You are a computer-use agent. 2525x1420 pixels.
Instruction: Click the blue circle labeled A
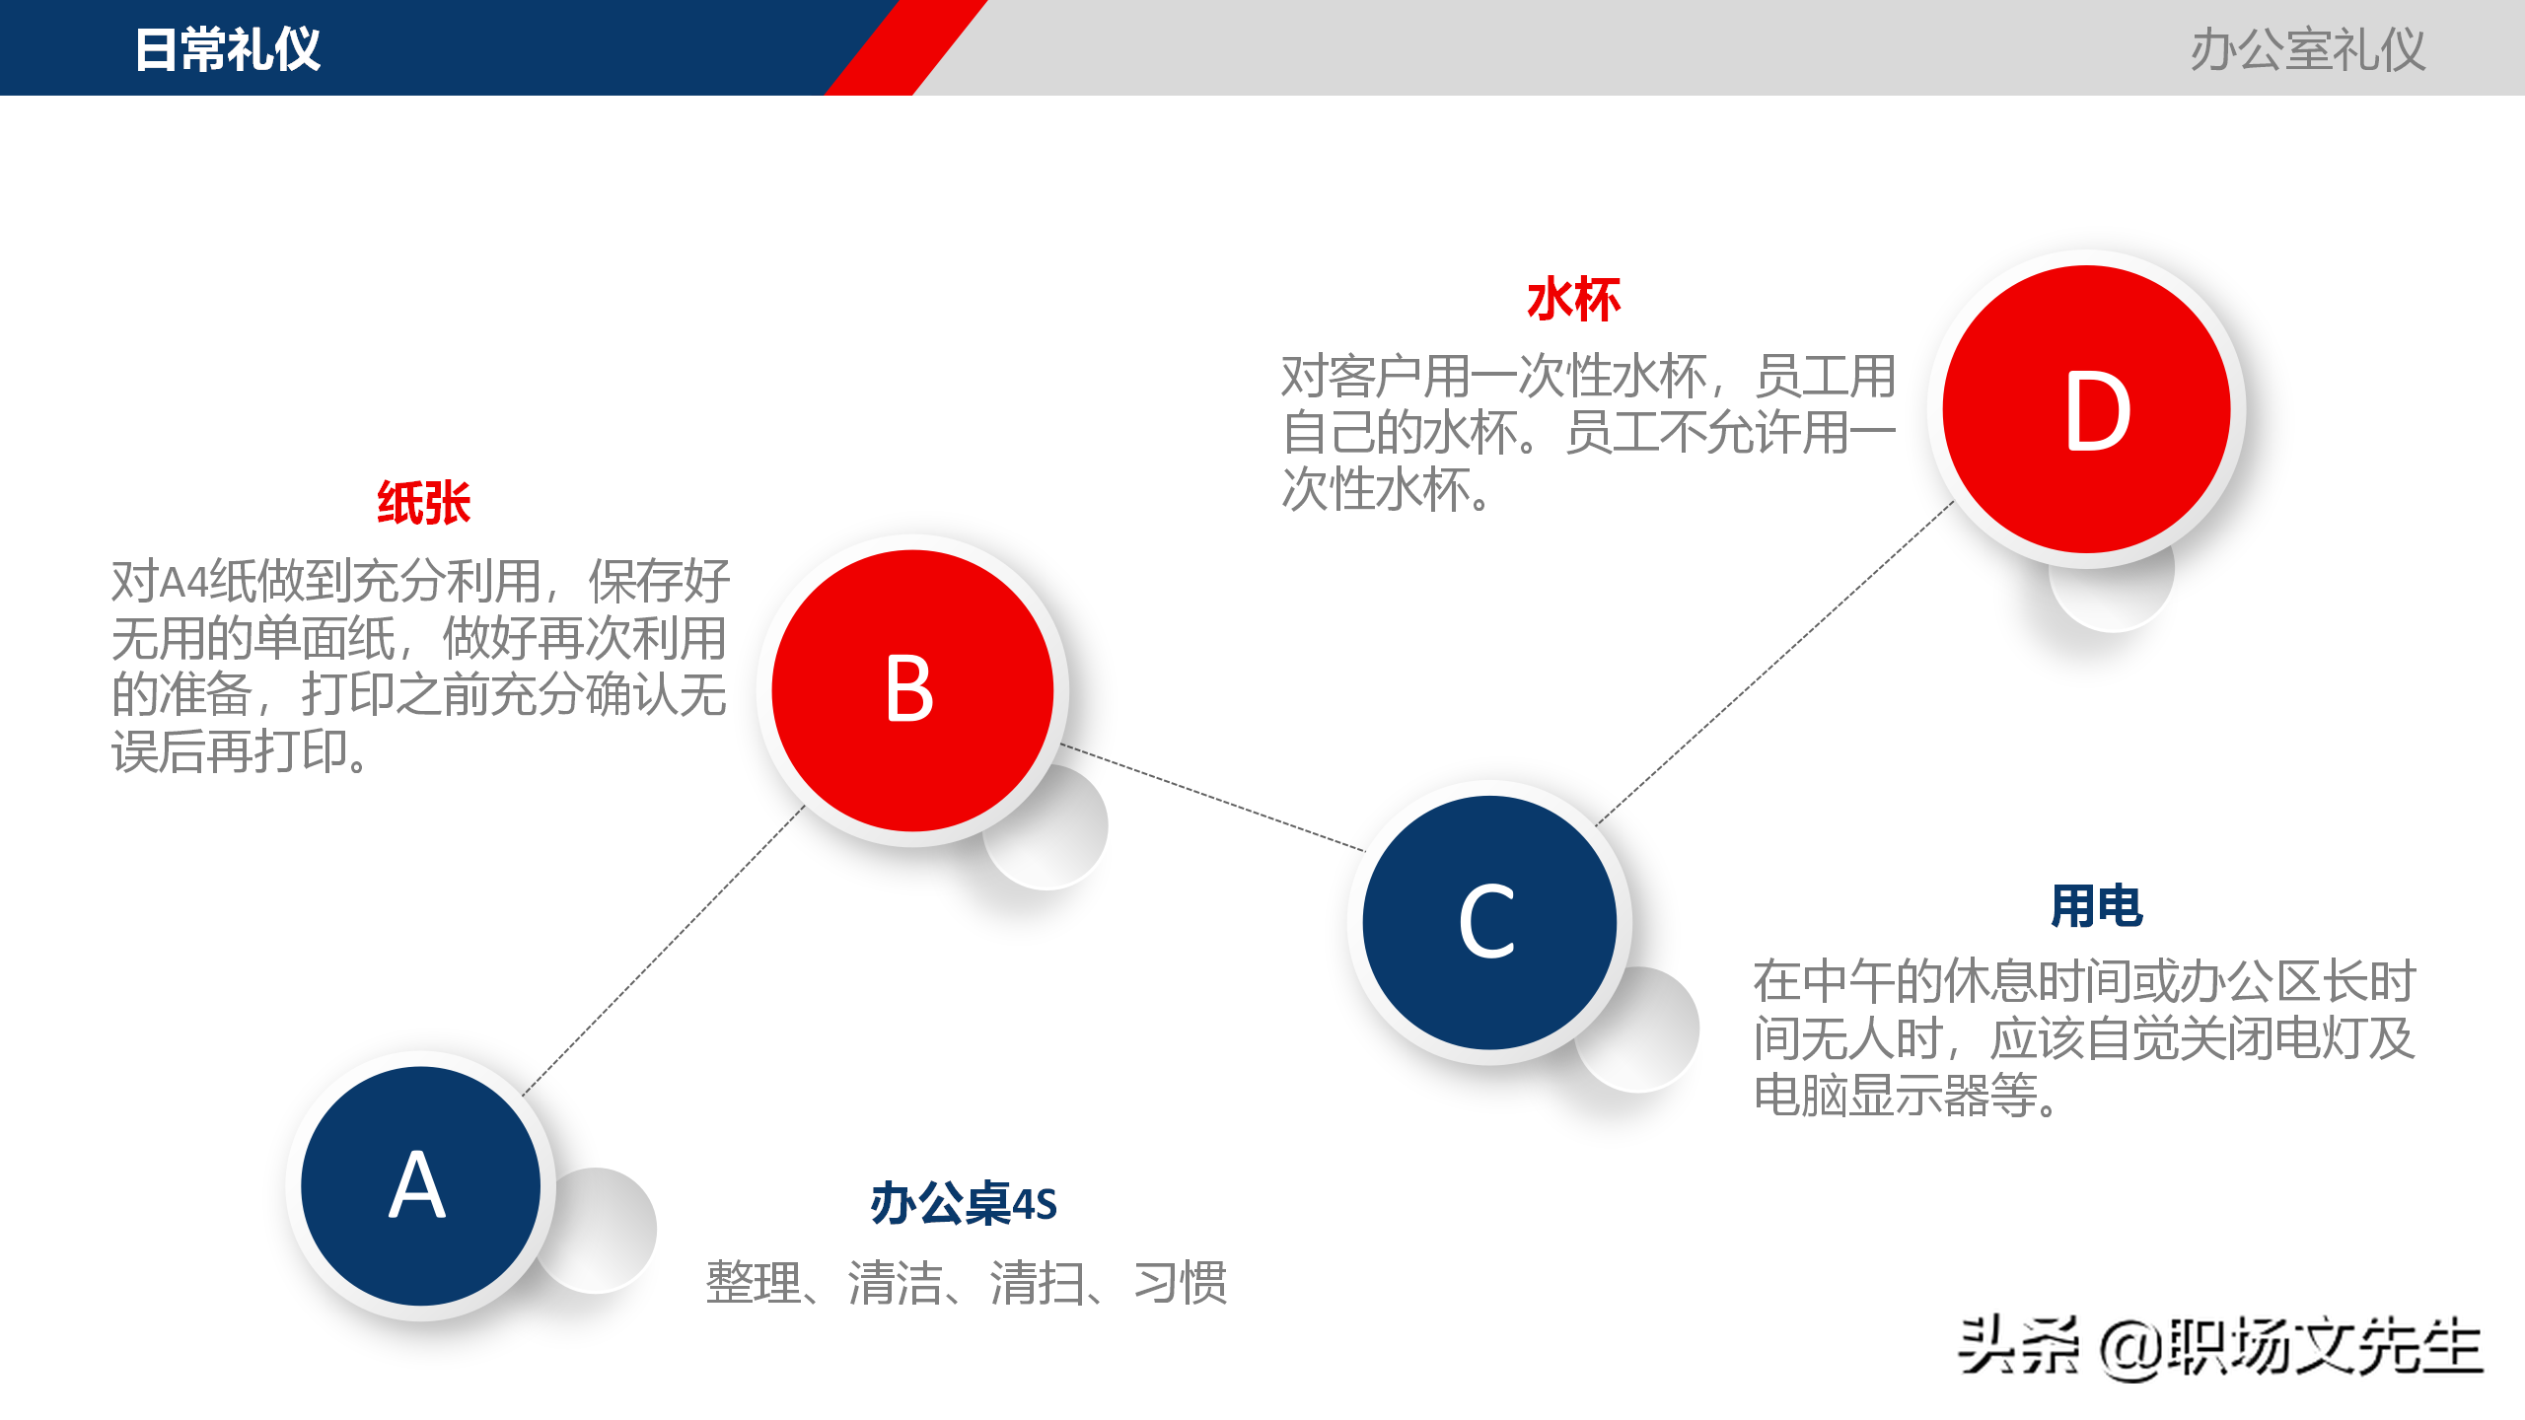tap(420, 1185)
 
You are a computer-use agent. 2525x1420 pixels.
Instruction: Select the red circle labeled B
tap(912, 690)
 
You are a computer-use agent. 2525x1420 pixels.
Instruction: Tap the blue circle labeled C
tap(1489, 922)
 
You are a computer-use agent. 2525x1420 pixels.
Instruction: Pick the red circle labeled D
tap(2086, 409)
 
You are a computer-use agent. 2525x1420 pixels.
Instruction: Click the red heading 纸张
tap(424, 503)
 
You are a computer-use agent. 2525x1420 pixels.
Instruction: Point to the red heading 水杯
tap(1573, 300)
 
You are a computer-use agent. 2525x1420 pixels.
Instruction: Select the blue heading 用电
tap(2096, 906)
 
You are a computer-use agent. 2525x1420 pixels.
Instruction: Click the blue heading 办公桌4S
tap(964, 1204)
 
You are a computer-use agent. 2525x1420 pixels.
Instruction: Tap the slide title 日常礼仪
tap(228, 49)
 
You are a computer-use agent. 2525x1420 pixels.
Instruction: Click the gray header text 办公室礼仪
tap(2307, 49)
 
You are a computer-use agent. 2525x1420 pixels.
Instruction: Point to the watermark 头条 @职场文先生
tap(2219, 1347)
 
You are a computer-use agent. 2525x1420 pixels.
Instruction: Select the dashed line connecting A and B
tap(663, 951)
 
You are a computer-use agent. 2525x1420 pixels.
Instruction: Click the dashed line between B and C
tap(1213, 798)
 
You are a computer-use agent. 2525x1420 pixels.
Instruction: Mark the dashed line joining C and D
tap(1775, 663)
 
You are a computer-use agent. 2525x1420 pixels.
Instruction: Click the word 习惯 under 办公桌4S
tap(1181, 1283)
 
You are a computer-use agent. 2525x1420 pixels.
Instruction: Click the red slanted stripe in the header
tap(905, 47)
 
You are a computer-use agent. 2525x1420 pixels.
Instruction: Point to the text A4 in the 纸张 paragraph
tap(184, 582)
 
